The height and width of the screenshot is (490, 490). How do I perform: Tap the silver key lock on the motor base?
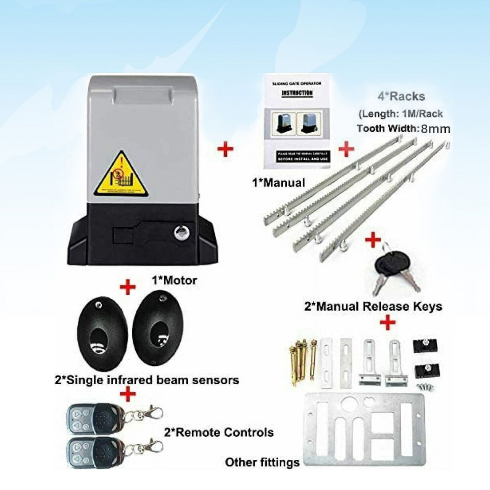182,233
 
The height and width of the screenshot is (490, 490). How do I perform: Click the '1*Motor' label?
175,280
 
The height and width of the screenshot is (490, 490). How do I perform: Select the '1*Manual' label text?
278,183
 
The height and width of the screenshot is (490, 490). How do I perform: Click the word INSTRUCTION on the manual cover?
297,93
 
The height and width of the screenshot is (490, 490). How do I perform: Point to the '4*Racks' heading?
401,96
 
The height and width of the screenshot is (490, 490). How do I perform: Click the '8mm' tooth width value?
435,129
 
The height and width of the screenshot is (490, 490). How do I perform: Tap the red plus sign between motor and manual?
225,149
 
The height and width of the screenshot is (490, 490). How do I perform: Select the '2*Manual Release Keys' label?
373,307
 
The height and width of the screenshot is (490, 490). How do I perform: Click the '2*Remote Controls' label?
219,432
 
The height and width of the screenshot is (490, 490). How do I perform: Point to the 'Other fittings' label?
262,462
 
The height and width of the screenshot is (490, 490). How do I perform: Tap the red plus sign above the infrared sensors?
127,287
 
